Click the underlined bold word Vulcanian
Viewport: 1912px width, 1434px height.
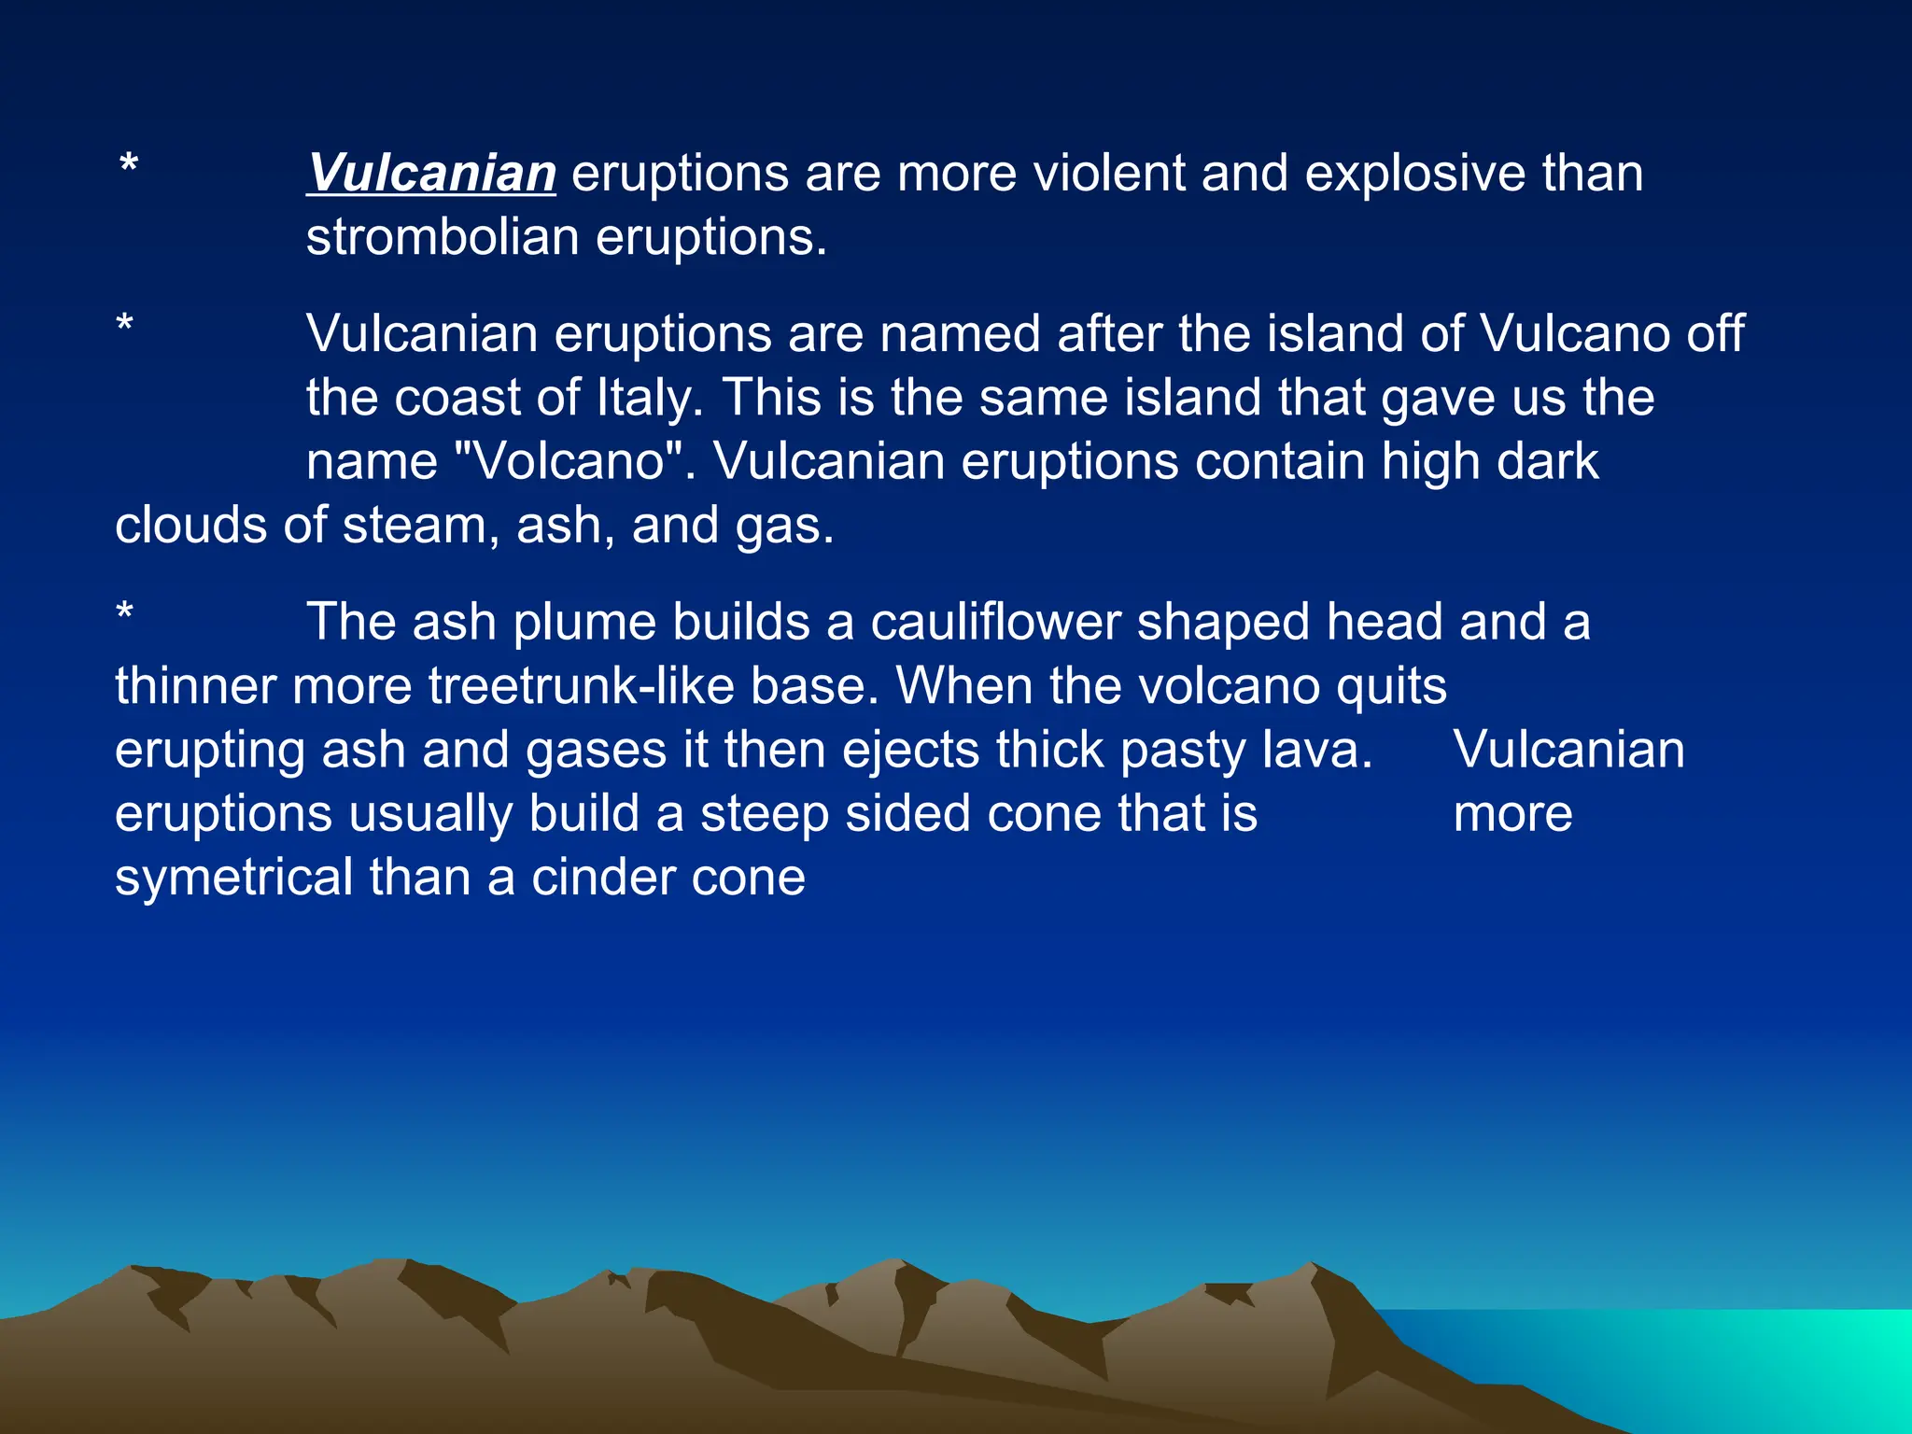click(x=431, y=174)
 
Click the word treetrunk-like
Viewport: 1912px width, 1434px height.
click(x=581, y=686)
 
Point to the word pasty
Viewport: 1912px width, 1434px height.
click(x=1182, y=752)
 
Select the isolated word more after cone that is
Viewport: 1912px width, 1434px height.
click(x=1512, y=815)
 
